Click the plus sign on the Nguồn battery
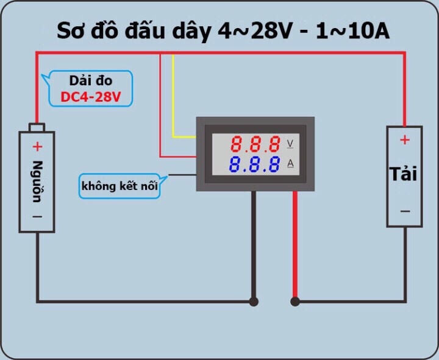[x=37, y=146]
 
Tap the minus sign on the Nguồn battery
[x=37, y=216]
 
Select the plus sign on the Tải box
[x=404, y=140]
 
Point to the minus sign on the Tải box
[x=404, y=211]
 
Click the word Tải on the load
[x=404, y=174]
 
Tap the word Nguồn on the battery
[x=37, y=182]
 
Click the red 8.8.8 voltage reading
[x=255, y=145]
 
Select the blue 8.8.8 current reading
[x=255, y=164]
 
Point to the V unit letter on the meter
[x=290, y=144]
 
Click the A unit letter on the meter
[x=290, y=163]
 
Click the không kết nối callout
[x=120, y=186]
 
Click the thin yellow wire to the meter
[x=174, y=97]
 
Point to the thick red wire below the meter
[x=295, y=244]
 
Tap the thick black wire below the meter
[x=254, y=244]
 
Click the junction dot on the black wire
[x=254, y=301]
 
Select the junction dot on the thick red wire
[x=295, y=301]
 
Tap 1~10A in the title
[x=353, y=31]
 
